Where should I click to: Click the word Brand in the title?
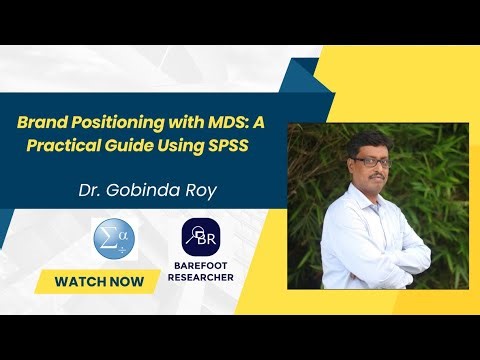pos(39,122)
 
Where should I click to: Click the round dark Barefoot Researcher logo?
pos(201,236)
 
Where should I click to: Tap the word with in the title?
pos(174,122)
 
